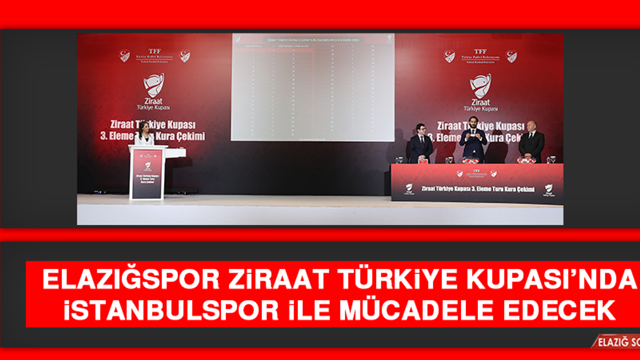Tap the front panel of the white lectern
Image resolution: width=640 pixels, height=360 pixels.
coord(147,174)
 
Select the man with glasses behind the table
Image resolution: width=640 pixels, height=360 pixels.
coord(421,143)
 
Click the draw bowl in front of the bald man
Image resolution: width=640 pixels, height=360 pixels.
coord(526,160)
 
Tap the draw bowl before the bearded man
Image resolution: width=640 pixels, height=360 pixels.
coord(470,160)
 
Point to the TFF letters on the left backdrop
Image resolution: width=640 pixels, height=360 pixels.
coord(154,51)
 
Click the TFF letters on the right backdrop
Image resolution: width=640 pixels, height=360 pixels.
coord(480,51)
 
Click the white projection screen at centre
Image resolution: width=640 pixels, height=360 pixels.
coord(312,87)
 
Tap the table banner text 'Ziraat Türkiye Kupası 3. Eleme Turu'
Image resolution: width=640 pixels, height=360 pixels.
coord(477,189)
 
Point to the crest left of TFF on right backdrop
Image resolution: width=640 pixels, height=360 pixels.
coord(449,56)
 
